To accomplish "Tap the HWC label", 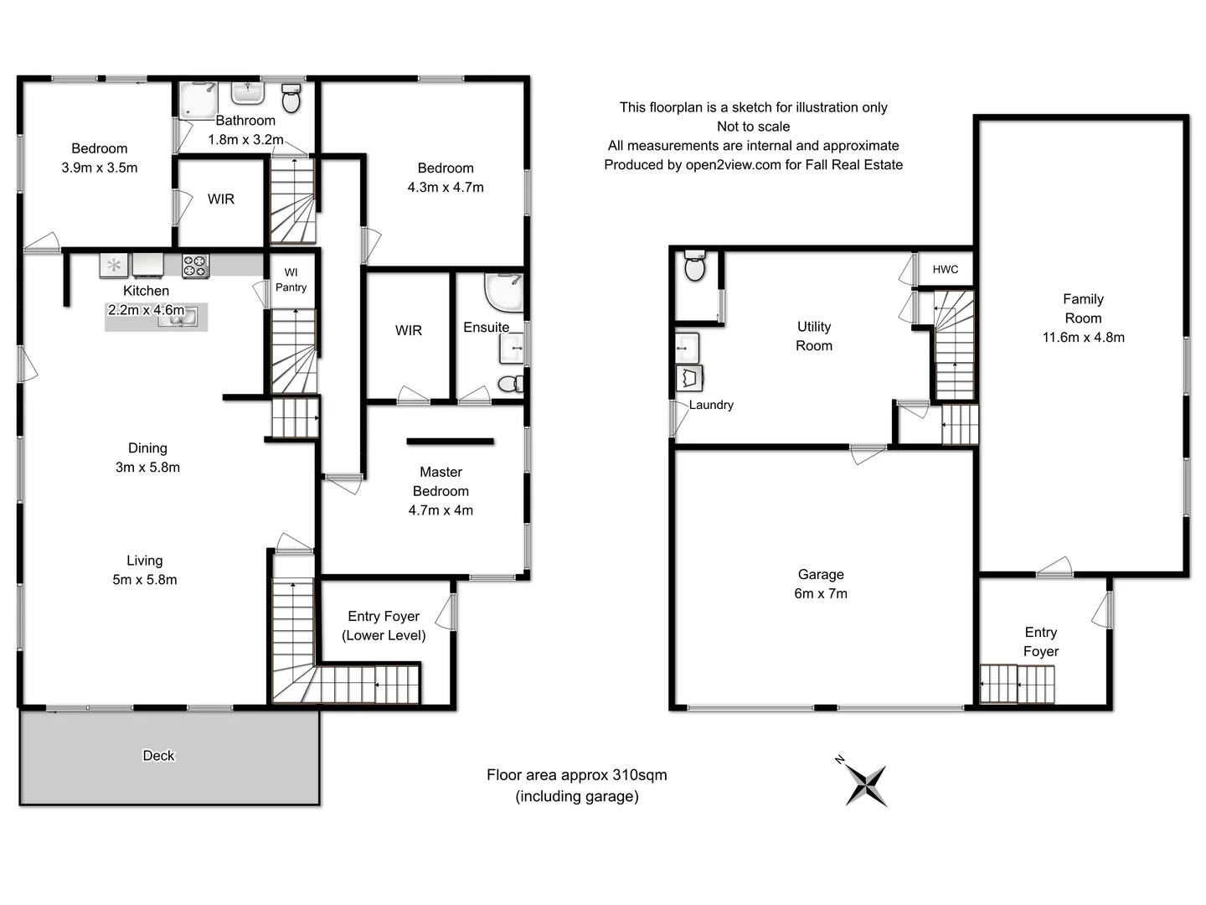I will click(945, 269).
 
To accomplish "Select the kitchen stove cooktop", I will click(195, 266).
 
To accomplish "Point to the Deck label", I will click(158, 756).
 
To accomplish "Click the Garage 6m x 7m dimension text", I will click(821, 594).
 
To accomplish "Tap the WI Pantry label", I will click(291, 280).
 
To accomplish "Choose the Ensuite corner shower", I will click(504, 292).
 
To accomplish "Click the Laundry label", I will click(711, 405).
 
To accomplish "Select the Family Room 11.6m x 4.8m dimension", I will click(1083, 338).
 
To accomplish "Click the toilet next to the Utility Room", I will click(694, 266).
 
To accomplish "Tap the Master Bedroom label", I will click(441, 482).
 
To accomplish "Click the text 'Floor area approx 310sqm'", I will click(576, 775).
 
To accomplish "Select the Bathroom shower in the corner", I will click(198, 100).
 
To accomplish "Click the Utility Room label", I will click(814, 336).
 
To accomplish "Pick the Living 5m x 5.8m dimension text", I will click(145, 580).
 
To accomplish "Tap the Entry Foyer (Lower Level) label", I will click(384, 626).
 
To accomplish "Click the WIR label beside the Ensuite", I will click(409, 331).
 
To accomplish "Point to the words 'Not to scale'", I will click(753, 127).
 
